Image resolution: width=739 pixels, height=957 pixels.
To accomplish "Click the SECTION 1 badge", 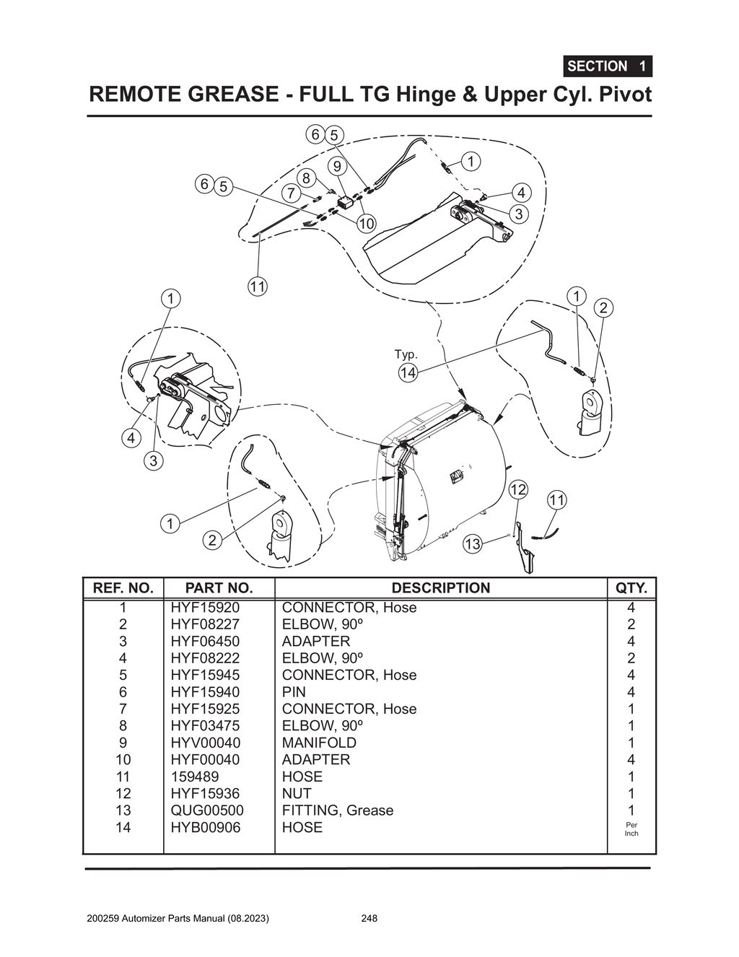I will (607, 66).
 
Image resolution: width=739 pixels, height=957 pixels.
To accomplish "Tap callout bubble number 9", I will (337, 167).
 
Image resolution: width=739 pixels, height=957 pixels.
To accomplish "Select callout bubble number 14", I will (408, 372).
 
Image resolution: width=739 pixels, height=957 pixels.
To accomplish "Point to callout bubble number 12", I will (518, 490).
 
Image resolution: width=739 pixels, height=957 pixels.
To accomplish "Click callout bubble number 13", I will (472, 544).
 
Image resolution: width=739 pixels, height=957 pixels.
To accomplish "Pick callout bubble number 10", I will (367, 223).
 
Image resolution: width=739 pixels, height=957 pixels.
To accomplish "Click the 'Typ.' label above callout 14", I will (406, 354).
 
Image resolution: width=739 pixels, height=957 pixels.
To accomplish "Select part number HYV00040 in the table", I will (205, 743).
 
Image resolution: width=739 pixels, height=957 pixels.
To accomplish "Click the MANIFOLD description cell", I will (318, 743).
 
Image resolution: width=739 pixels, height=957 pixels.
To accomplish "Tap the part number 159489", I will (194, 777).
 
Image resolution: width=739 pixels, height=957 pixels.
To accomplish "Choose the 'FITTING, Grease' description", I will (337, 810).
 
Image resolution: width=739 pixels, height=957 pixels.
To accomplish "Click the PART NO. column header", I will (219, 588).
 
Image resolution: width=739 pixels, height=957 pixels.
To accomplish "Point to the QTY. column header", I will (631, 588).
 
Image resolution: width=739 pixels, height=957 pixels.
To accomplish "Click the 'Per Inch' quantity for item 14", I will (631, 829).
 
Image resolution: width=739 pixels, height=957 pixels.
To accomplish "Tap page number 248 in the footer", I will (369, 919).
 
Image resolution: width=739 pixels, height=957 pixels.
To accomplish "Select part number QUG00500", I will (206, 810).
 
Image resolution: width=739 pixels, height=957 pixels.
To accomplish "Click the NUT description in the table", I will (297, 793).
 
